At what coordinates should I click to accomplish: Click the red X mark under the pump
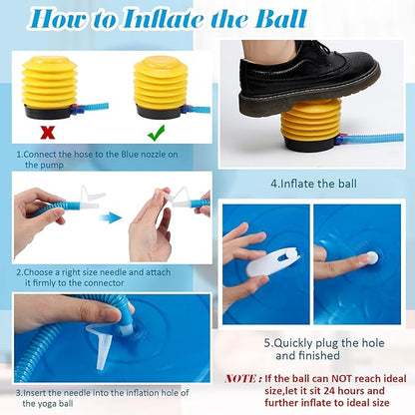[48, 133]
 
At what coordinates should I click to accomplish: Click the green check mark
[156, 133]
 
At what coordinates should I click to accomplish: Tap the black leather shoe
[309, 81]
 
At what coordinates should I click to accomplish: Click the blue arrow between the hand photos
[110, 218]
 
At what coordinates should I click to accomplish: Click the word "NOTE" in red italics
[241, 378]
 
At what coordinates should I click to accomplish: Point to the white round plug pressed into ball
[371, 257]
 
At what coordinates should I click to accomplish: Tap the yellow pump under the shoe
[311, 124]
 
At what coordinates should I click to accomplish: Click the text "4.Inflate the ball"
[313, 184]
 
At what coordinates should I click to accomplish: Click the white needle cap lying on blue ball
[99, 346]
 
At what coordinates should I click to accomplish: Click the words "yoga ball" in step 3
[48, 404]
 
